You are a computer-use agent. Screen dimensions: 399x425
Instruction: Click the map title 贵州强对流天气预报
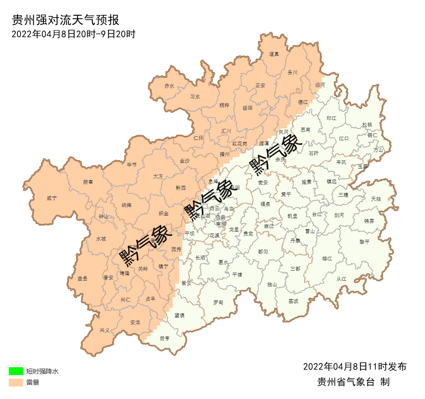click(65, 20)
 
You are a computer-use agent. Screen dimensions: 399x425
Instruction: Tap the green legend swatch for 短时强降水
click(16, 371)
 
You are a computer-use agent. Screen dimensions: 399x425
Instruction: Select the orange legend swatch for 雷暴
click(16, 382)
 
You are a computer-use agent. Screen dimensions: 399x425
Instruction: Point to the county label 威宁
click(52, 198)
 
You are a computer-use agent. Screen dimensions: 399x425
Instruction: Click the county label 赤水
click(169, 86)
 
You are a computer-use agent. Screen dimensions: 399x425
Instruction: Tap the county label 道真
click(274, 54)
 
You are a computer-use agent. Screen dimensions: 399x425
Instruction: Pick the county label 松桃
click(367, 125)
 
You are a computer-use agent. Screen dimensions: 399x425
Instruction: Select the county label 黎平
click(365, 242)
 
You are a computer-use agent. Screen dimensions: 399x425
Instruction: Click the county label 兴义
click(105, 330)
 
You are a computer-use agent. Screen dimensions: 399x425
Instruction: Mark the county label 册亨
click(165, 339)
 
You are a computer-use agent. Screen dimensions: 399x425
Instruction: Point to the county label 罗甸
click(218, 302)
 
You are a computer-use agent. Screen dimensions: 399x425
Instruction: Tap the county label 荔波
click(293, 301)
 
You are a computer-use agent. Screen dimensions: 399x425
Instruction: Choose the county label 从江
click(341, 279)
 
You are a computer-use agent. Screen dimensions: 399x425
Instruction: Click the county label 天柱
click(376, 199)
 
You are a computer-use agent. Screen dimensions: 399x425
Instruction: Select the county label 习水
click(195, 97)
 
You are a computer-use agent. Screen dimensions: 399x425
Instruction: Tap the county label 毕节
click(132, 165)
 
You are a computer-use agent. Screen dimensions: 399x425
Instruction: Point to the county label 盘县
click(83, 278)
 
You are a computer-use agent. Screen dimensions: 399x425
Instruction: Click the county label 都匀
click(263, 252)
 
